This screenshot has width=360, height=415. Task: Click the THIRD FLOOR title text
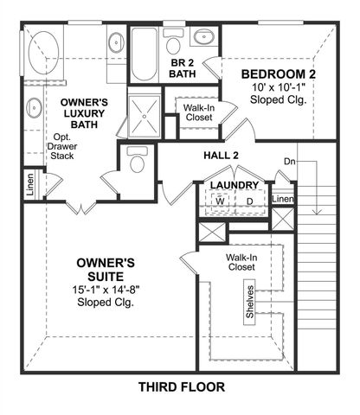tap(181, 386)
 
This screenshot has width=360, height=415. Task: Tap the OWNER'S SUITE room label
tap(105, 269)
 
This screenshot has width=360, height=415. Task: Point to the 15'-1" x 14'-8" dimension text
tap(105, 290)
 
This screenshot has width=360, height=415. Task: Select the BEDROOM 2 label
tap(278, 73)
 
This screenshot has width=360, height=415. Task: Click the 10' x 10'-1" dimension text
tap(278, 87)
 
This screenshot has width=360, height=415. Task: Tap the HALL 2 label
tap(221, 156)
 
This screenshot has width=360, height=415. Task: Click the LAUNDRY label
tap(235, 185)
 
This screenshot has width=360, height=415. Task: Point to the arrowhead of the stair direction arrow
tap(318, 212)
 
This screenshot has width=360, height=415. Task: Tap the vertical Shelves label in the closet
tap(251, 301)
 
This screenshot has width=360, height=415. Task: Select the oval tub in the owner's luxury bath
tap(41, 54)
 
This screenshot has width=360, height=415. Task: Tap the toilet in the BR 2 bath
tap(174, 44)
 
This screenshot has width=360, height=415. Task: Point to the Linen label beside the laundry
tap(283, 200)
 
